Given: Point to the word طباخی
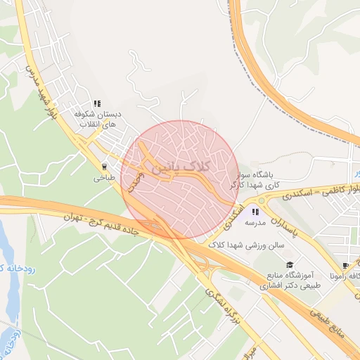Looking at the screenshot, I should pyautogui.click(x=105, y=179).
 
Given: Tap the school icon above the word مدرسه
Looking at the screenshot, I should pyautogui.click(x=255, y=212).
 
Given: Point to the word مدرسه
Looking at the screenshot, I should pyautogui.click(x=255, y=223).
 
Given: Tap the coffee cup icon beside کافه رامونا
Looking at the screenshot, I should pyautogui.click(x=345, y=266).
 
